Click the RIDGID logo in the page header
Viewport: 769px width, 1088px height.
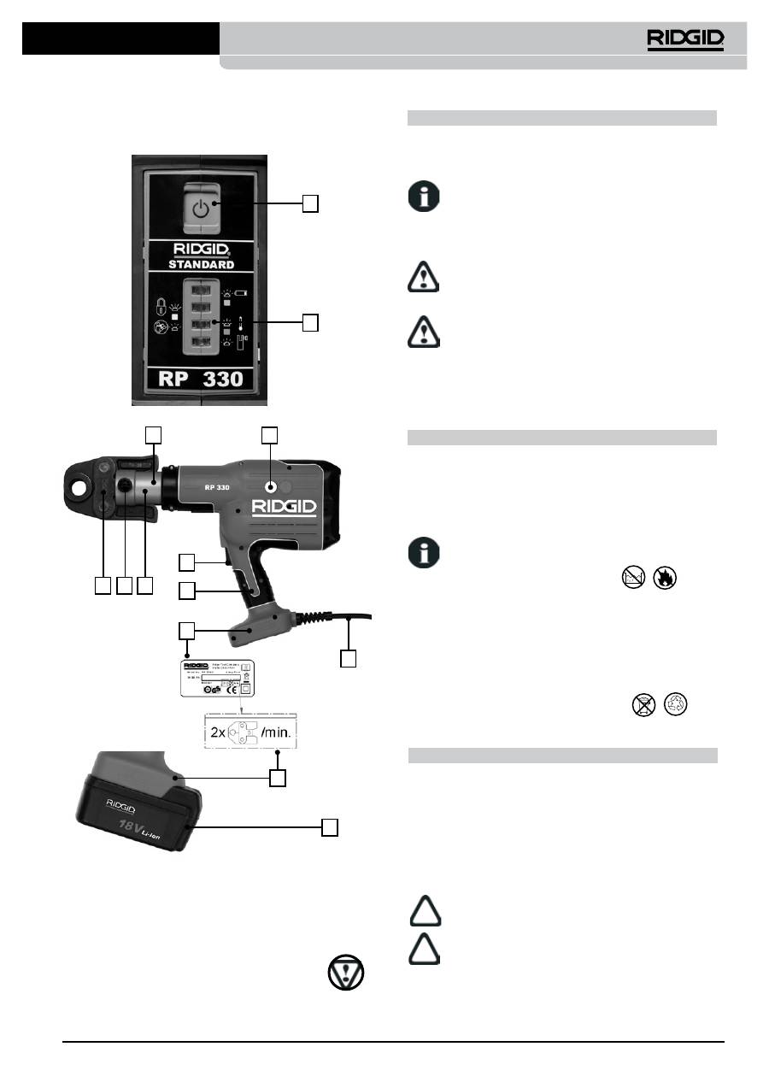point(684,38)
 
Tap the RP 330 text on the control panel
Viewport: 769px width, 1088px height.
point(201,379)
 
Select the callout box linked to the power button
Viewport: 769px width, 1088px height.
point(311,203)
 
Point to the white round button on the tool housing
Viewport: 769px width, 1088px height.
point(270,487)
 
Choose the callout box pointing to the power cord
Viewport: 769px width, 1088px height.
point(347,659)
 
